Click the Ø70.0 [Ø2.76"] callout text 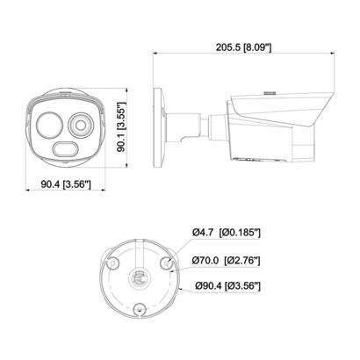[x=228, y=260]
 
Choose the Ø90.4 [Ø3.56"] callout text [x=228, y=286]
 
